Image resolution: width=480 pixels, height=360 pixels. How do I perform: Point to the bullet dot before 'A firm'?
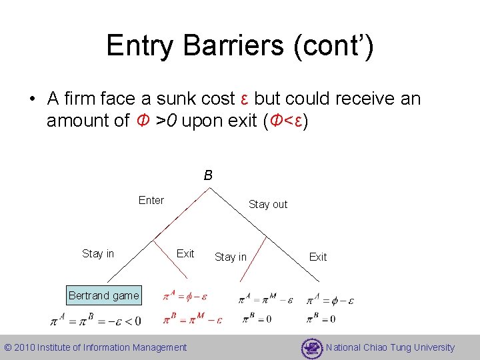31,99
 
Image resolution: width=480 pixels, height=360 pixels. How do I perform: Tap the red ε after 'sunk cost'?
244,99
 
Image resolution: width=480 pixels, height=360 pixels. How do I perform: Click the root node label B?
208,175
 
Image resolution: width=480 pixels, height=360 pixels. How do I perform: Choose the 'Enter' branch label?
151,200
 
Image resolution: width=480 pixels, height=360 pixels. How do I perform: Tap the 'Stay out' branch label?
268,204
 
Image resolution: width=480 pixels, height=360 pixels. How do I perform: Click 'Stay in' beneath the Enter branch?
98,253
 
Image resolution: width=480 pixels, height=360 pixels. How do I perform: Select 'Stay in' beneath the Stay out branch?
231,257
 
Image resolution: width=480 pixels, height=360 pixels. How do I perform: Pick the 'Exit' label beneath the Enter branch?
185,253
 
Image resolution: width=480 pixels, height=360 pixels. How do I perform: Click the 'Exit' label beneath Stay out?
318,257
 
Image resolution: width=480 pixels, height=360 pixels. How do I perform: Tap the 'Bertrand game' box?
103,295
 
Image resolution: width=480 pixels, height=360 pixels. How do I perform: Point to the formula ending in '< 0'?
96,321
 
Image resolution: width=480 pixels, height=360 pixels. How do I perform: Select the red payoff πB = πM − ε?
192,318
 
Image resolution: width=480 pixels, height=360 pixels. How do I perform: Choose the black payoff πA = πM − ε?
267,299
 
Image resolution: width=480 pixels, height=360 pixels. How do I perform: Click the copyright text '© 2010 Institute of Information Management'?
95,347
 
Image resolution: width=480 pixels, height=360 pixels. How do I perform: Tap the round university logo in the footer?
311,348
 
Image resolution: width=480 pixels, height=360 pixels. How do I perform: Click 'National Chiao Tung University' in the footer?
391,347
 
